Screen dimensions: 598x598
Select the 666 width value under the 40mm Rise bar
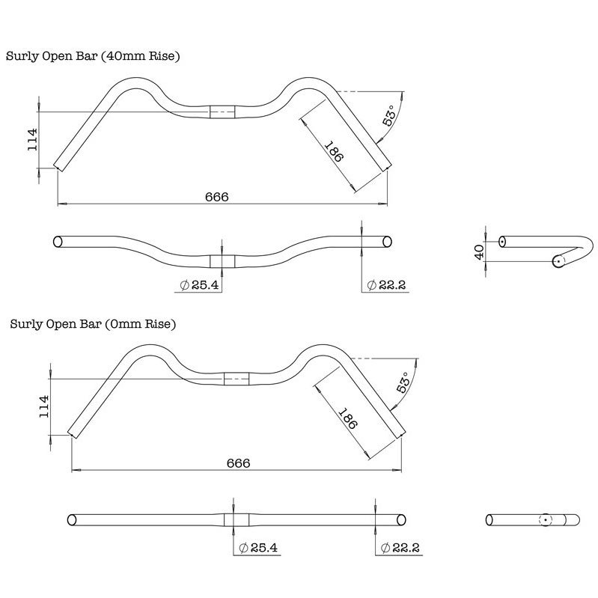[216, 196]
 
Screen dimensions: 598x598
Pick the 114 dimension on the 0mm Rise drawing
[43, 406]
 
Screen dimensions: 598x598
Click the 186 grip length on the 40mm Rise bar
[335, 155]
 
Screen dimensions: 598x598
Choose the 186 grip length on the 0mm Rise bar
[347, 422]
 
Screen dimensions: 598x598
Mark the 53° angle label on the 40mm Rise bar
[390, 118]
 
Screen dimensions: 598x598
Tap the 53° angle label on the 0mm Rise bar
[403, 383]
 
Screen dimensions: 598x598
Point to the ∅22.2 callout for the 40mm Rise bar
[386, 284]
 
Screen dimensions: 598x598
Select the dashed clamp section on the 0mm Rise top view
[236, 377]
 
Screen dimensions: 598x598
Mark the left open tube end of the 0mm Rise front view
[72, 519]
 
